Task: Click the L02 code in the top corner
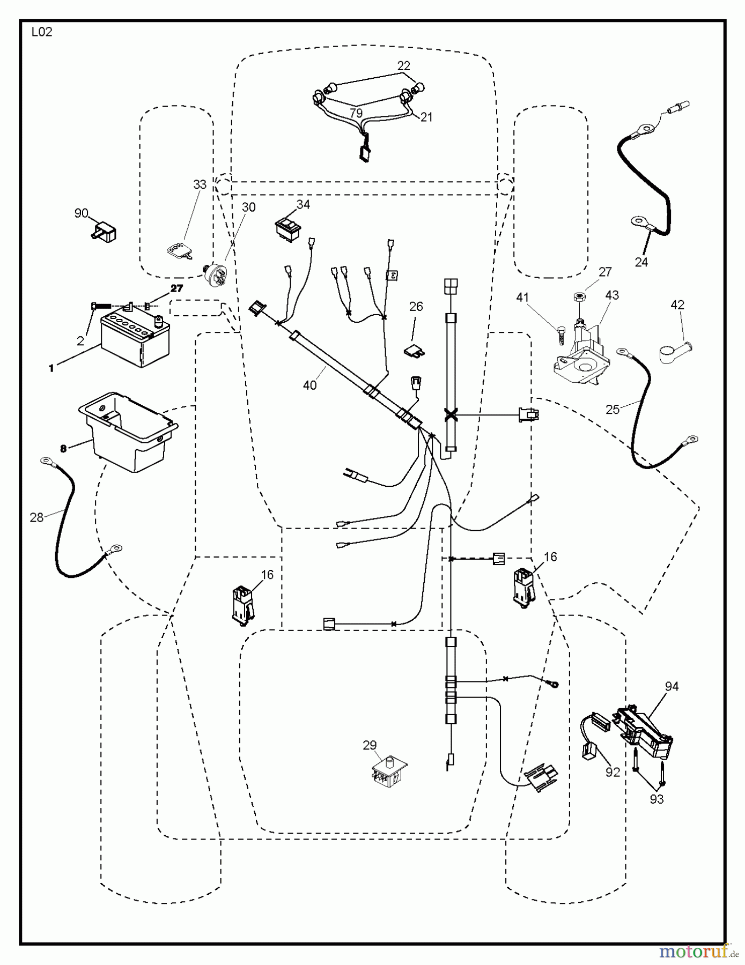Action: [x=41, y=32]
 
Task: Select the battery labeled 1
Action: [x=135, y=341]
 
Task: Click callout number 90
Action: [x=81, y=213]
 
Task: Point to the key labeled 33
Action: [x=178, y=250]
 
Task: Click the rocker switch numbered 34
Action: [x=289, y=227]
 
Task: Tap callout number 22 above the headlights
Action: [x=403, y=66]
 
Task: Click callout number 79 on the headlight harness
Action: [x=356, y=113]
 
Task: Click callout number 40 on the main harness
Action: [x=309, y=385]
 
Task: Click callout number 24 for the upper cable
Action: [x=641, y=262]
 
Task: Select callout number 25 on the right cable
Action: [x=612, y=410]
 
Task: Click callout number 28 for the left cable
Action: [x=36, y=517]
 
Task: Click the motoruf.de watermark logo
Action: [x=698, y=951]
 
